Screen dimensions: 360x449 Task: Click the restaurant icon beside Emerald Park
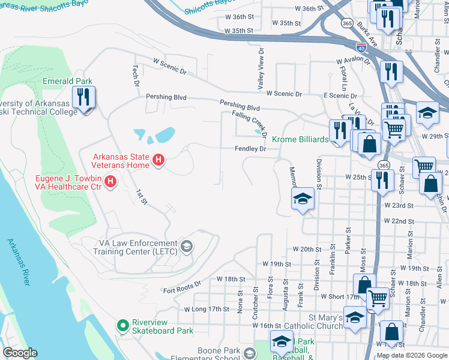pyautogui.click(x=83, y=98)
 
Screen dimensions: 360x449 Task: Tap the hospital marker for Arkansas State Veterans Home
pyautogui.click(x=158, y=160)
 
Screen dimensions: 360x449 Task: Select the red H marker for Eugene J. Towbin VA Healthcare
pyautogui.click(x=110, y=181)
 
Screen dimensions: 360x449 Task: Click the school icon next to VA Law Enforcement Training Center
pyautogui.click(x=187, y=246)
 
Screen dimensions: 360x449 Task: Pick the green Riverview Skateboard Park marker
pyautogui.click(x=123, y=326)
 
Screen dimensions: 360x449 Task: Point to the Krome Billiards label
pyautogui.click(x=300, y=139)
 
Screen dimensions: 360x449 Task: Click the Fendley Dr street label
pyautogui.click(x=250, y=148)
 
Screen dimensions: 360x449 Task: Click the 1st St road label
pyautogui.click(x=141, y=196)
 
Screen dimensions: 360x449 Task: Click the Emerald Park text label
pyautogui.click(x=67, y=81)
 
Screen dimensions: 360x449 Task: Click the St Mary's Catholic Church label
pyautogui.click(x=325, y=321)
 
